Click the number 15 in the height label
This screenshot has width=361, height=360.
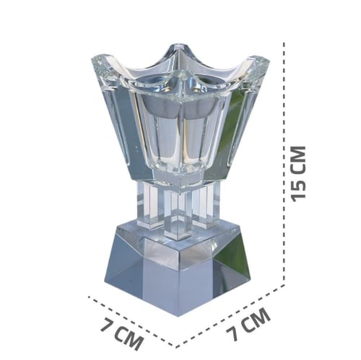298,189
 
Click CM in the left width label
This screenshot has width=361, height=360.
130,338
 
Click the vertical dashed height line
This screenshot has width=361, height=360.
284,164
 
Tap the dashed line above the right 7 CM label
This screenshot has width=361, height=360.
230,316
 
